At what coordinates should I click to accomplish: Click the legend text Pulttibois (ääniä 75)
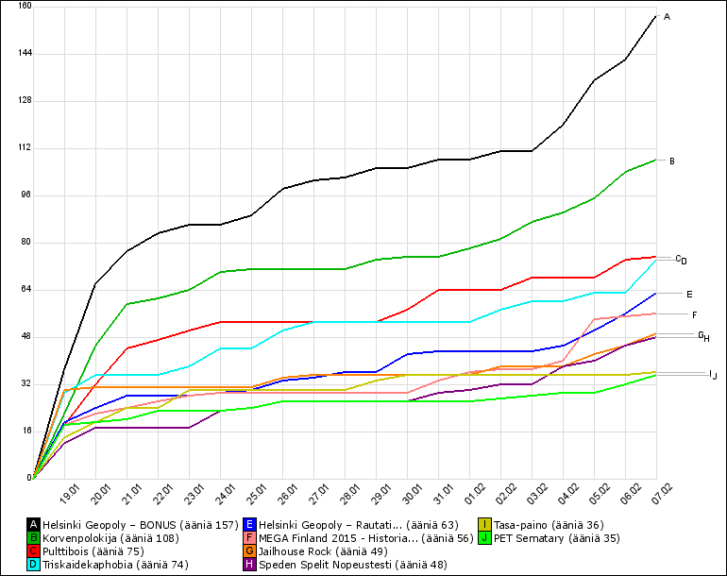point(93,551)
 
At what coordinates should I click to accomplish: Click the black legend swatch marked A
point(34,524)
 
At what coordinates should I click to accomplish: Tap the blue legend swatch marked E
point(250,524)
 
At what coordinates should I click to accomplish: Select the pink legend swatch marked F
point(250,537)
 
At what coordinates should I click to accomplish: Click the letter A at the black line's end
point(668,17)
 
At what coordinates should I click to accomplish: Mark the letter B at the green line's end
point(671,161)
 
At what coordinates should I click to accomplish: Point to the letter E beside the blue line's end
point(689,295)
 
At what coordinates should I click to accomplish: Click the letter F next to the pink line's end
point(694,314)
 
